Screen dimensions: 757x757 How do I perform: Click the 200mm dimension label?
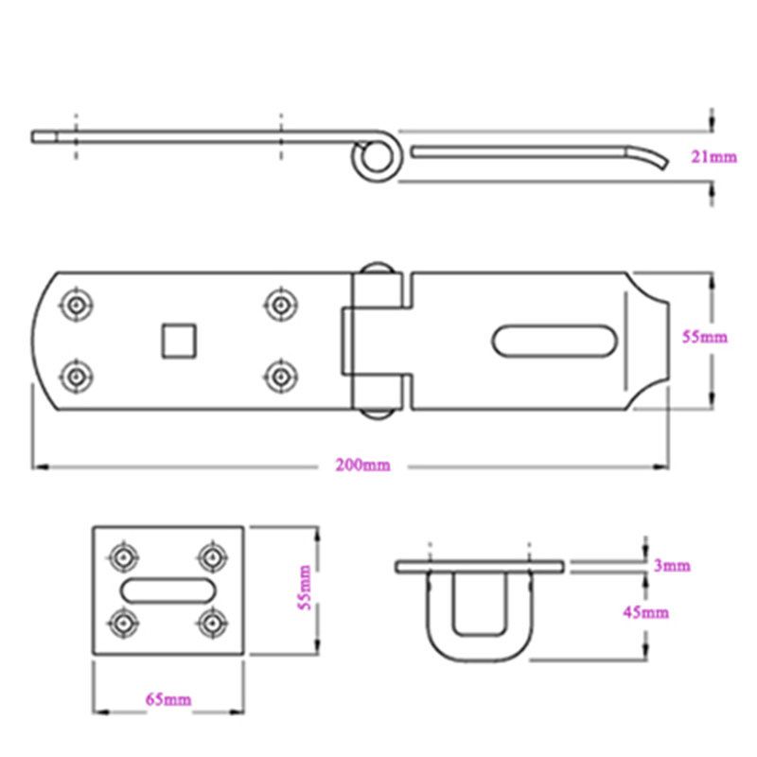(x=362, y=466)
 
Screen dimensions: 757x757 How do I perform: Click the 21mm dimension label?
(x=713, y=158)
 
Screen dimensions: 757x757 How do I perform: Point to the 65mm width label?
(x=168, y=700)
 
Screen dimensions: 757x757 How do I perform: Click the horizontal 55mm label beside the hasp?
(x=704, y=337)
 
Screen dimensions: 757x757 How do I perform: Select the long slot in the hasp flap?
(x=555, y=341)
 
